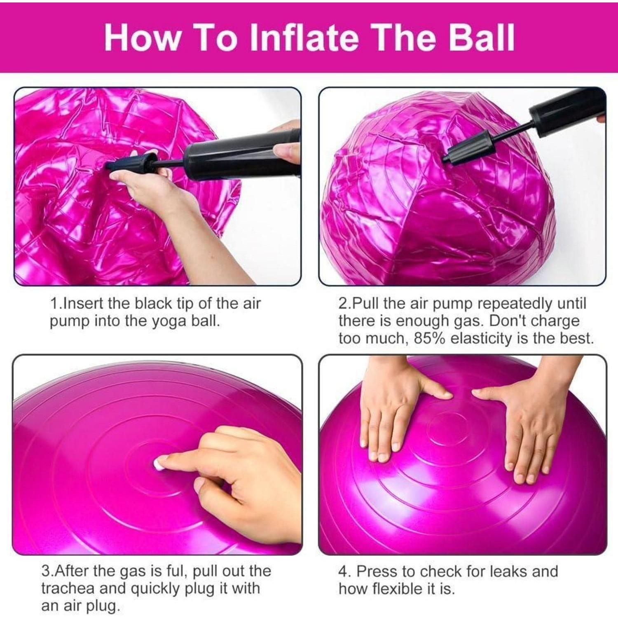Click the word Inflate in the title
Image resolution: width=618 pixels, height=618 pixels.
click(305, 37)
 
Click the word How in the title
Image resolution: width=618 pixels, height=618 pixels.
click(143, 37)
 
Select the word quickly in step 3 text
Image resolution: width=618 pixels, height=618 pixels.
click(156, 589)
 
